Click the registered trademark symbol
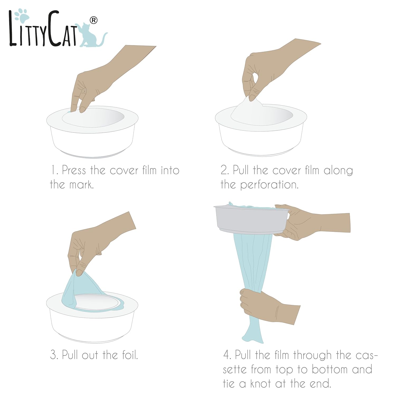click(93, 20)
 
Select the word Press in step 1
click(74, 170)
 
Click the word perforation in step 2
click(269, 185)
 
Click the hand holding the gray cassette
click(312, 222)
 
